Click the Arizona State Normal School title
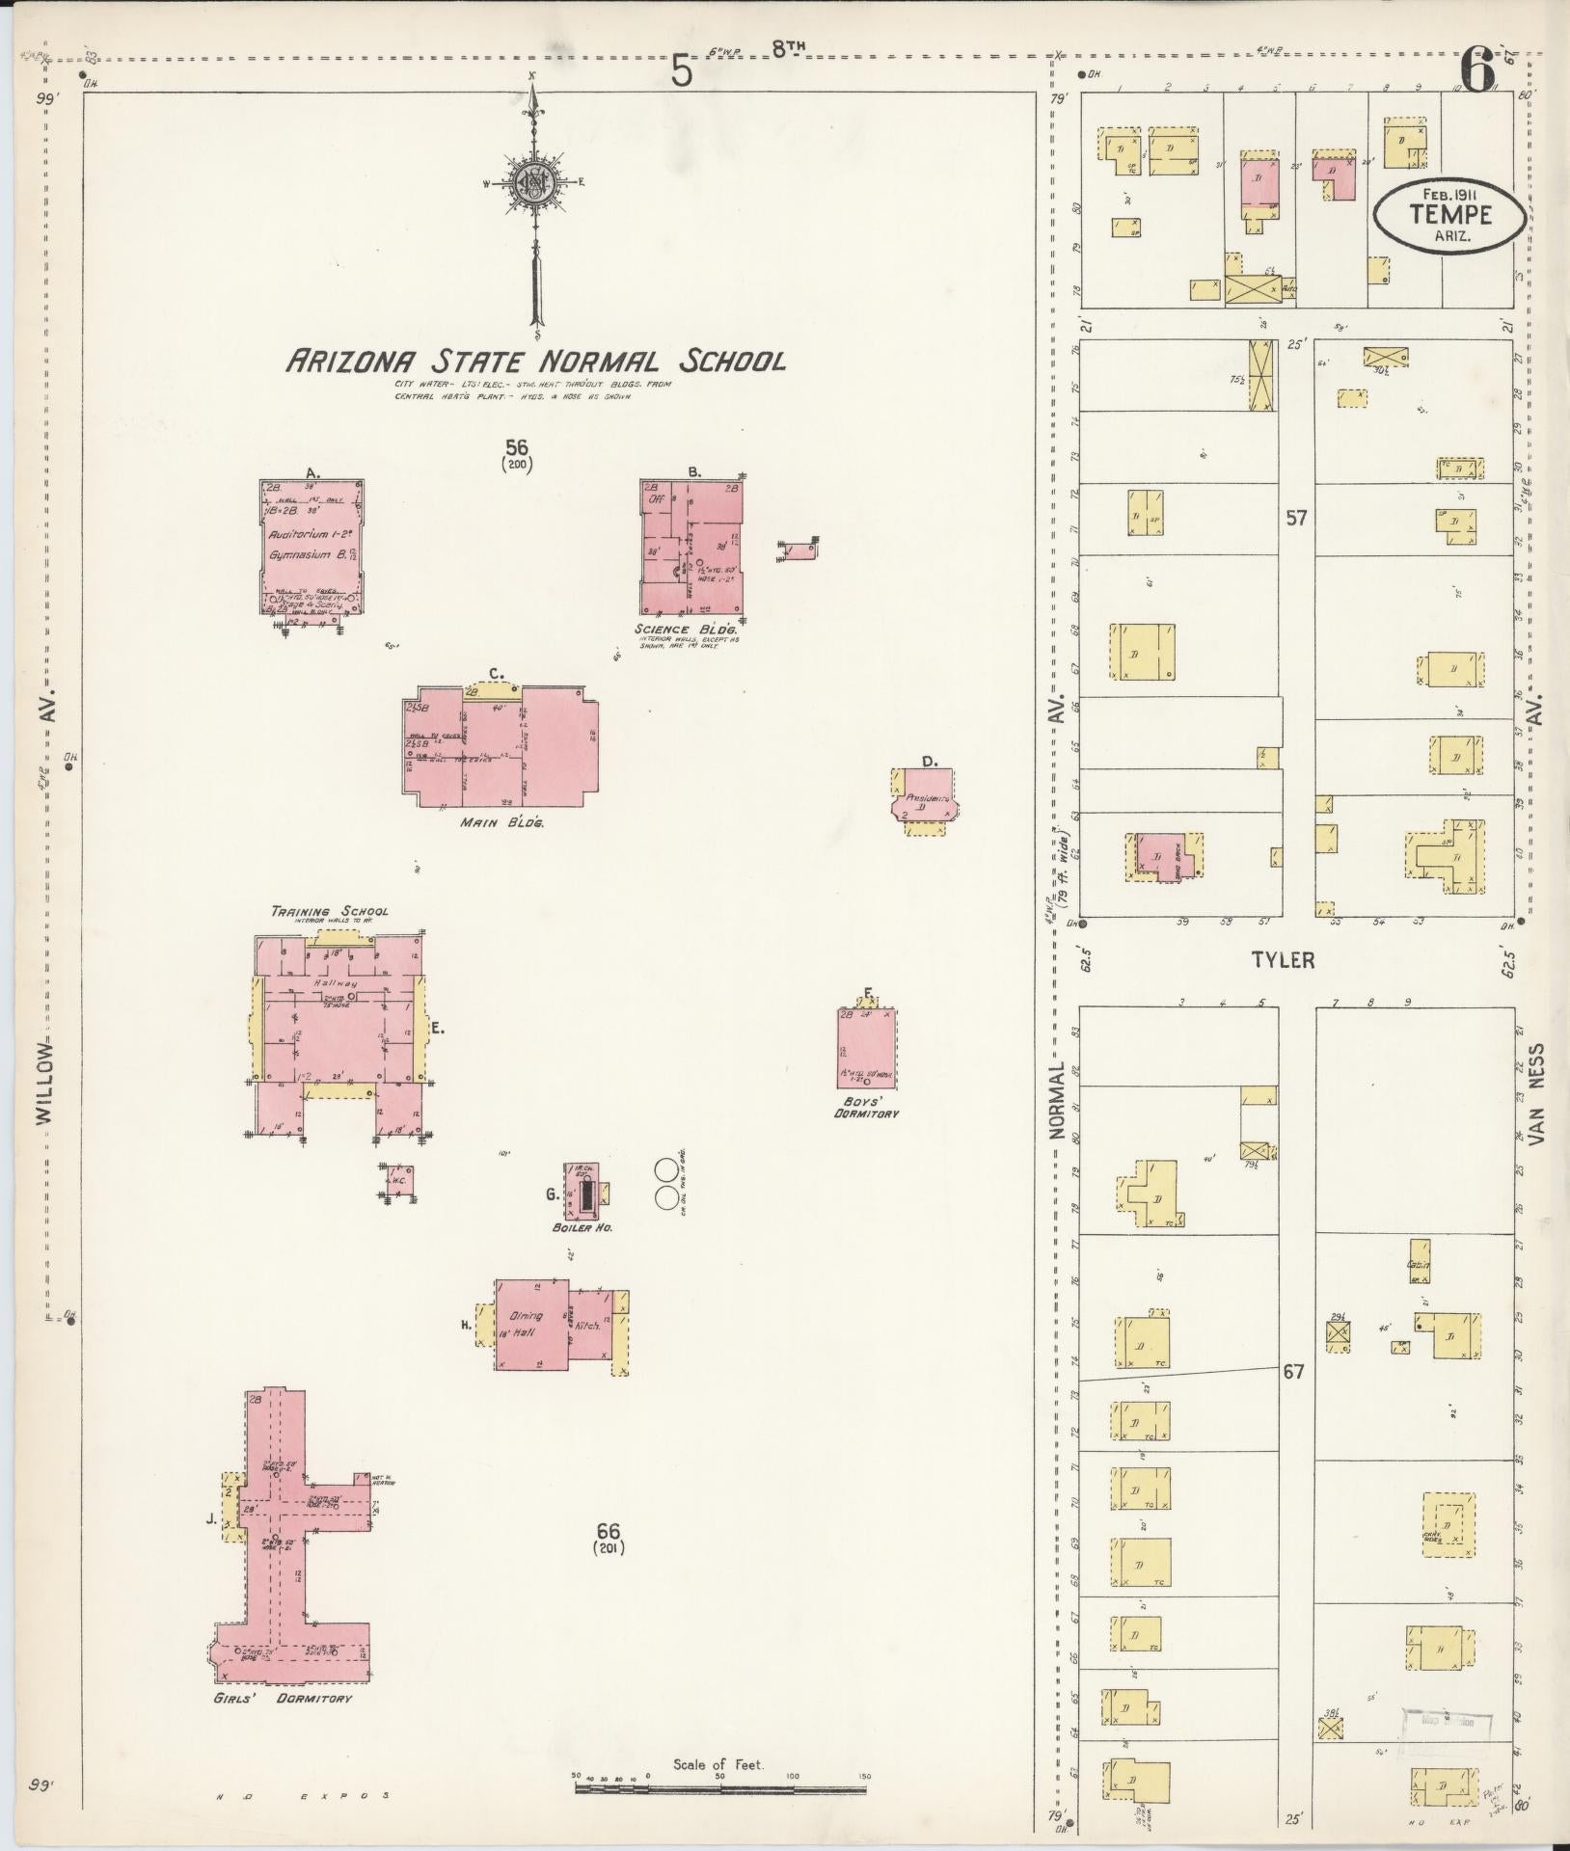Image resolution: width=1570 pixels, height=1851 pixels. (534, 362)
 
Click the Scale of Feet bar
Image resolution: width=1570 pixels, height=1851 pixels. (721, 1787)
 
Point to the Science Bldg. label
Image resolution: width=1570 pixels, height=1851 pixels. (687, 628)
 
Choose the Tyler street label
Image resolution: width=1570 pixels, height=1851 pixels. (1283, 960)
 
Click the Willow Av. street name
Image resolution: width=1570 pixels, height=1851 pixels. (43, 1082)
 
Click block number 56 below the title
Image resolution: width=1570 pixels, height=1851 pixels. (518, 446)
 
